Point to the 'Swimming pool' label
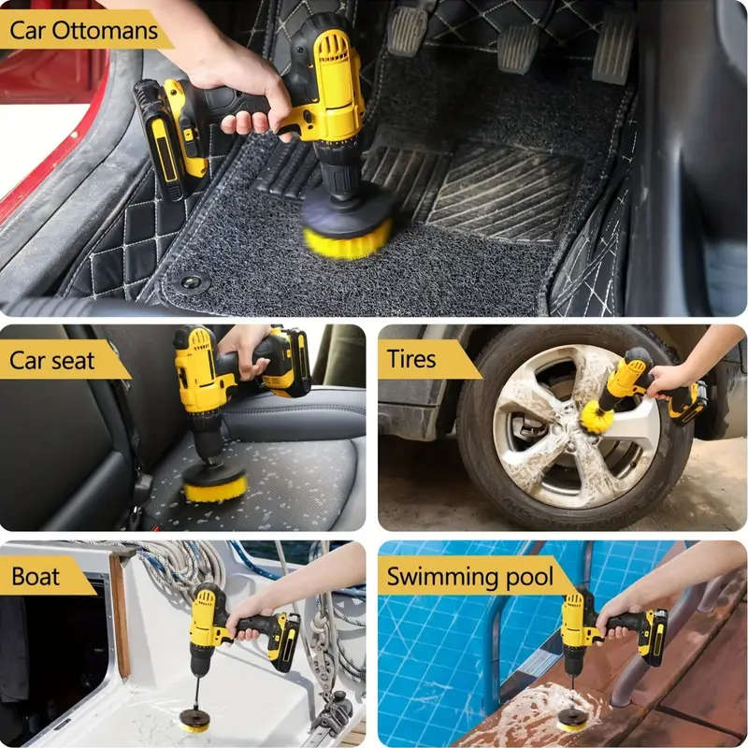tap(469, 576)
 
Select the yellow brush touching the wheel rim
tap(597, 418)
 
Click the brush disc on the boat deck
tap(194, 721)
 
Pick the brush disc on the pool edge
tap(571, 719)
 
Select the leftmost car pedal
tap(408, 30)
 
